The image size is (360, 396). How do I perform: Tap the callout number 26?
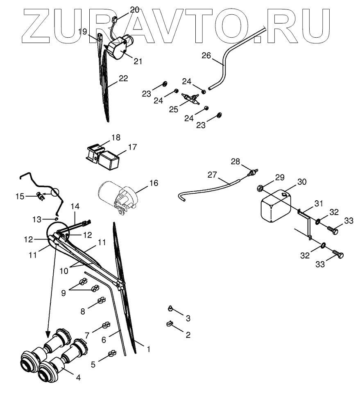point(206,55)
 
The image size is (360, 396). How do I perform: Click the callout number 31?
point(319,204)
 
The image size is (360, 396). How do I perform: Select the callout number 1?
point(148,349)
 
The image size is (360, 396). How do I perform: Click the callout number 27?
point(212,175)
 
